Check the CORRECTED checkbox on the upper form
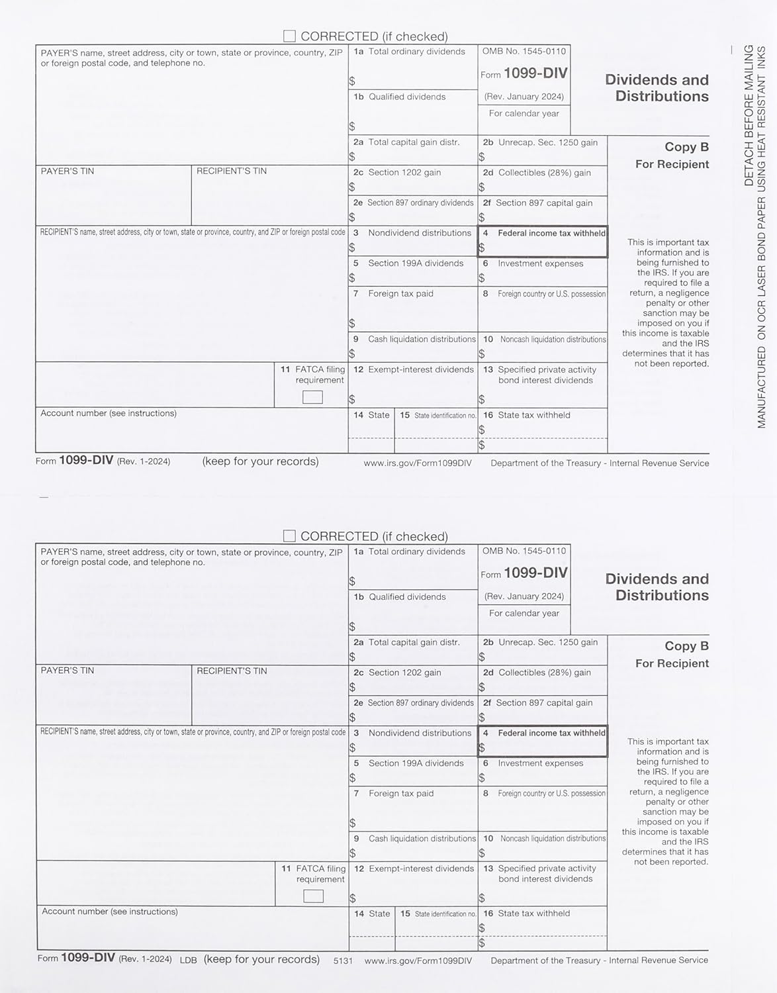click(x=289, y=36)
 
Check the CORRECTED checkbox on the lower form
click(x=289, y=536)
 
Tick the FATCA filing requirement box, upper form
click(x=312, y=397)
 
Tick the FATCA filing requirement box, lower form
click(x=313, y=896)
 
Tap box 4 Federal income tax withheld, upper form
click(x=542, y=242)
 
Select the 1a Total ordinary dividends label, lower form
click(x=410, y=551)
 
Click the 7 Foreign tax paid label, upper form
click(x=394, y=293)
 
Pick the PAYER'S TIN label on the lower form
click(x=68, y=671)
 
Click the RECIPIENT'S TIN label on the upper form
click(x=232, y=171)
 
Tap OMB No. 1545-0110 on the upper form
click(x=524, y=51)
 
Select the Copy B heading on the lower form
click(x=686, y=645)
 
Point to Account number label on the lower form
click(x=110, y=912)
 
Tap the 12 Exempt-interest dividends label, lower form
click(x=414, y=869)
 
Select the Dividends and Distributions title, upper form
click(x=657, y=88)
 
